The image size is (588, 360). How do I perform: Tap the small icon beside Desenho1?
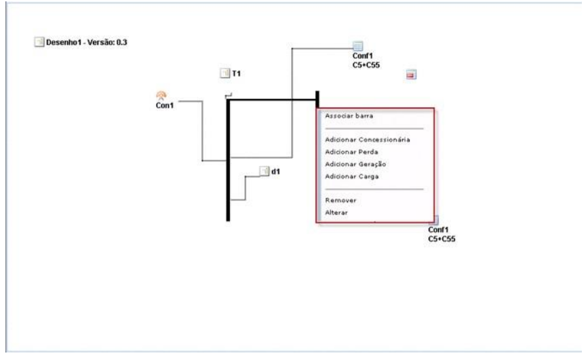[39, 43]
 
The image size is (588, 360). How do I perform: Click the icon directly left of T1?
[224, 73]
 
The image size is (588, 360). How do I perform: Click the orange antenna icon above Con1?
[161, 96]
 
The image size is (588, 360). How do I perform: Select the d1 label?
[275, 172]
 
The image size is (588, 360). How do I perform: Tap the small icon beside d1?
[264, 172]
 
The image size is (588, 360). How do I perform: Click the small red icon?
[410, 75]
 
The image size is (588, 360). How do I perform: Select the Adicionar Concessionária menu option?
[367, 140]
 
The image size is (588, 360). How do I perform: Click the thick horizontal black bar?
[271, 100]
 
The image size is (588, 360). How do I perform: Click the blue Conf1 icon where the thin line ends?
[358, 46]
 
